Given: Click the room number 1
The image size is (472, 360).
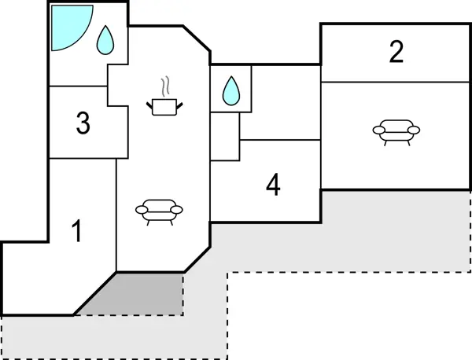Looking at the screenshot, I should (x=76, y=232).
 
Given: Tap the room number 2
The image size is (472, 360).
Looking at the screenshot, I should (x=396, y=52).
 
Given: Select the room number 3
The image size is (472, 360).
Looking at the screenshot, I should (x=83, y=123).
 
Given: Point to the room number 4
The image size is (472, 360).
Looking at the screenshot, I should (x=273, y=186).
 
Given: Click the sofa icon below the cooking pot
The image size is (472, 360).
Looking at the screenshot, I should (x=159, y=211).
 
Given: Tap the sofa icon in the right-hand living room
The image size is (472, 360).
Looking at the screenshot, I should (x=396, y=131).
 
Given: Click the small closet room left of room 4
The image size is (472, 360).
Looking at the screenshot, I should (x=224, y=138).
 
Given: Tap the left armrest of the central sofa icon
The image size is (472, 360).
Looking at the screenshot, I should (x=141, y=209).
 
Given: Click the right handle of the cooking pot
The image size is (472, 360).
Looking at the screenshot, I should (x=177, y=101).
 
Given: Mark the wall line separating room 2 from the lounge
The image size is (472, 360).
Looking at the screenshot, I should (x=396, y=81).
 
